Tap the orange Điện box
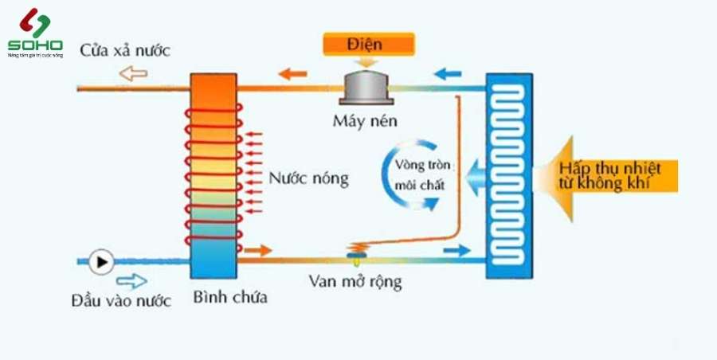coord(369,43)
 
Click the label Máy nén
coord(366,122)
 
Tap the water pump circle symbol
coord(102,260)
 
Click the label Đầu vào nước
coord(121,300)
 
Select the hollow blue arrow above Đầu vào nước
coord(131,281)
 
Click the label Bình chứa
coord(230,299)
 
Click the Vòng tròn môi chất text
coord(423,175)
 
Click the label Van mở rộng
coord(354,282)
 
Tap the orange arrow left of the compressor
coord(294,75)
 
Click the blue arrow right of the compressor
coord(447,76)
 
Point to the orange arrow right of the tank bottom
coord(258,252)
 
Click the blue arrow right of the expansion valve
coord(457,252)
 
